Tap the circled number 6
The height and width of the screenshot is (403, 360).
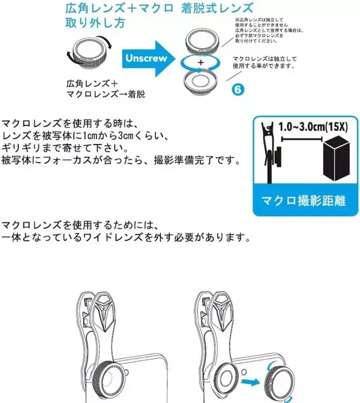[238, 90]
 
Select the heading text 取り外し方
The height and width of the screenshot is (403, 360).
[95, 25]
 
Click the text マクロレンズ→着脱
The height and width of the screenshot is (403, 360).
[106, 95]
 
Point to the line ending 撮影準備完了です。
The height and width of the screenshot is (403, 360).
[120, 161]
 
